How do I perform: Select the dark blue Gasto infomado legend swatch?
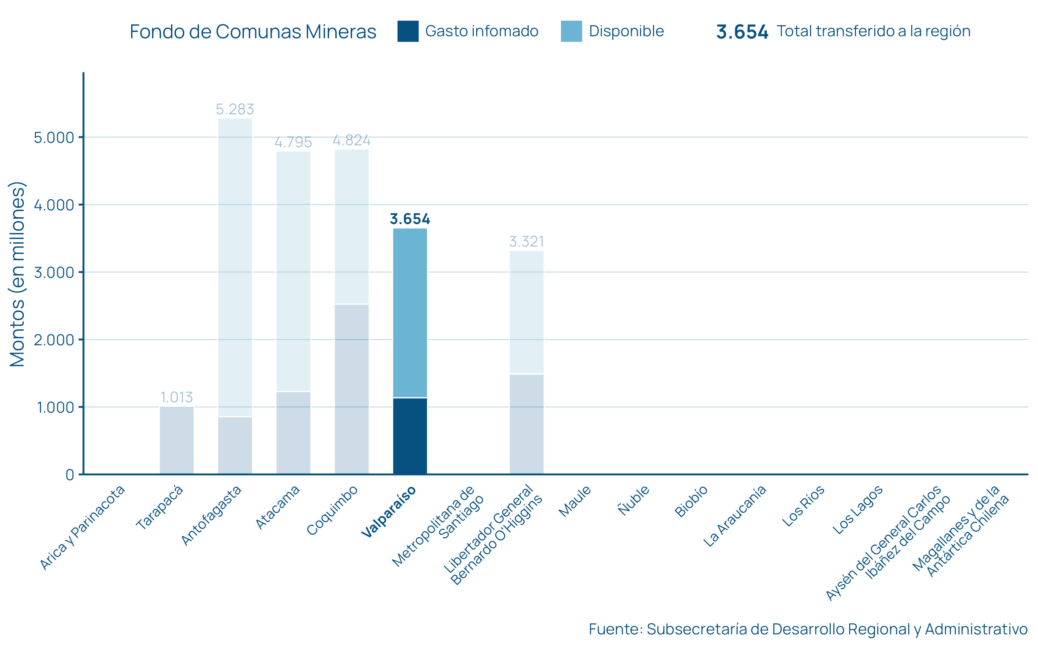click(x=408, y=31)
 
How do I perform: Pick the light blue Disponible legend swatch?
click(x=571, y=31)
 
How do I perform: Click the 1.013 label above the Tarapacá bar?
click(x=176, y=397)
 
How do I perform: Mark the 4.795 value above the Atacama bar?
click(x=293, y=142)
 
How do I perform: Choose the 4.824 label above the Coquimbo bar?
click(x=351, y=140)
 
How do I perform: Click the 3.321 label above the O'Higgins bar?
click(x=526, y=242)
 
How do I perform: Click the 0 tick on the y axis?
click(x=70, y=475)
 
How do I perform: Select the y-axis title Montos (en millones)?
click(x=18, y=274)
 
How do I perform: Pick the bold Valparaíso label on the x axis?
click(x=388, y=512)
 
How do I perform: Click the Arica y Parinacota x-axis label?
click(x=82, y=527)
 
